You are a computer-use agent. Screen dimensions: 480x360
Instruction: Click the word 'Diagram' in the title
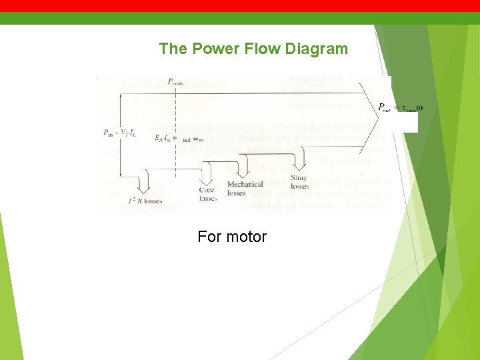(316, 49)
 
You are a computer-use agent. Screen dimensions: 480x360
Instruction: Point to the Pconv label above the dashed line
(176, 83)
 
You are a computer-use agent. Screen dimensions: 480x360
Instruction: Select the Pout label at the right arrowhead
(400, 108)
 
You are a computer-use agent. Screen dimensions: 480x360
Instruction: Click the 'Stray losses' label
(299, 182)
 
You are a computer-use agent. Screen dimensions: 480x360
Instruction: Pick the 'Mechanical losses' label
(245, 189)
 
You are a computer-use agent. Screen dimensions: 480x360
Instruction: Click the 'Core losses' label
(207, 194)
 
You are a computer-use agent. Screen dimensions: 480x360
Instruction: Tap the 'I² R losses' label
(144, 199)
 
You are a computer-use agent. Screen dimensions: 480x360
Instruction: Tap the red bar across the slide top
(240, 6)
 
